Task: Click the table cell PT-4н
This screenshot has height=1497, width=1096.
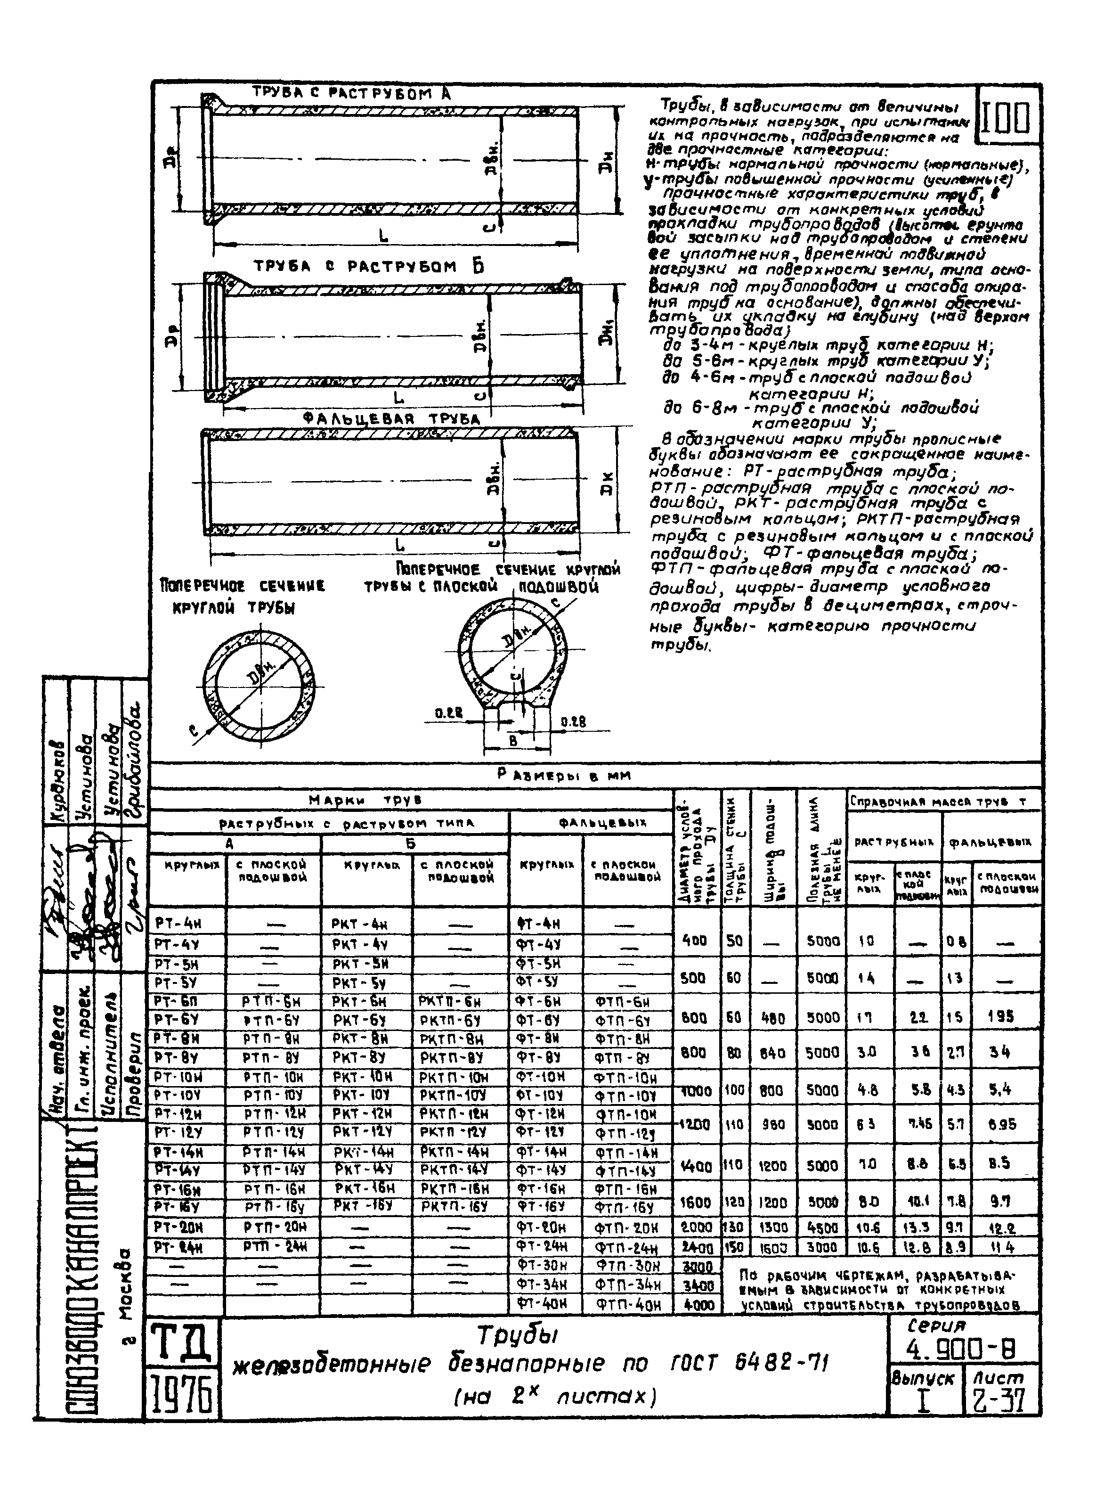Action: pyautogui.click(x=174, y=923)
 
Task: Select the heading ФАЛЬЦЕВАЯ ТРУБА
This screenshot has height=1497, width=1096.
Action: pyautogui.click(x=391, y=419)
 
